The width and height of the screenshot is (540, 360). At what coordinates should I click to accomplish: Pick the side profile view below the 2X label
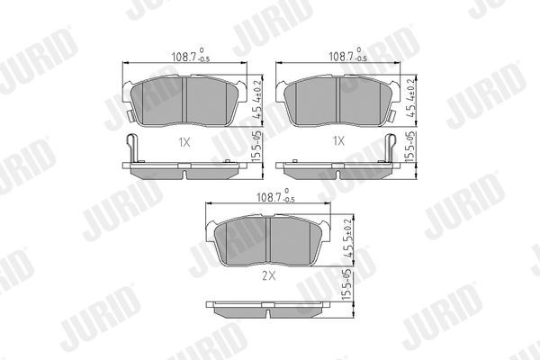point(272,309)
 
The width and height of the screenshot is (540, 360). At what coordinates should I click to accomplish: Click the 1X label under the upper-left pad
point(184,141)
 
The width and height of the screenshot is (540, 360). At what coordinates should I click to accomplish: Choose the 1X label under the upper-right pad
point(338,141)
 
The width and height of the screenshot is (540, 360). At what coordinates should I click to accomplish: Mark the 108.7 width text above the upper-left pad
point(187,57)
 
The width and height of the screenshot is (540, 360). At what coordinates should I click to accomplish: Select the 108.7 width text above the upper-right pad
point(342,57)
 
